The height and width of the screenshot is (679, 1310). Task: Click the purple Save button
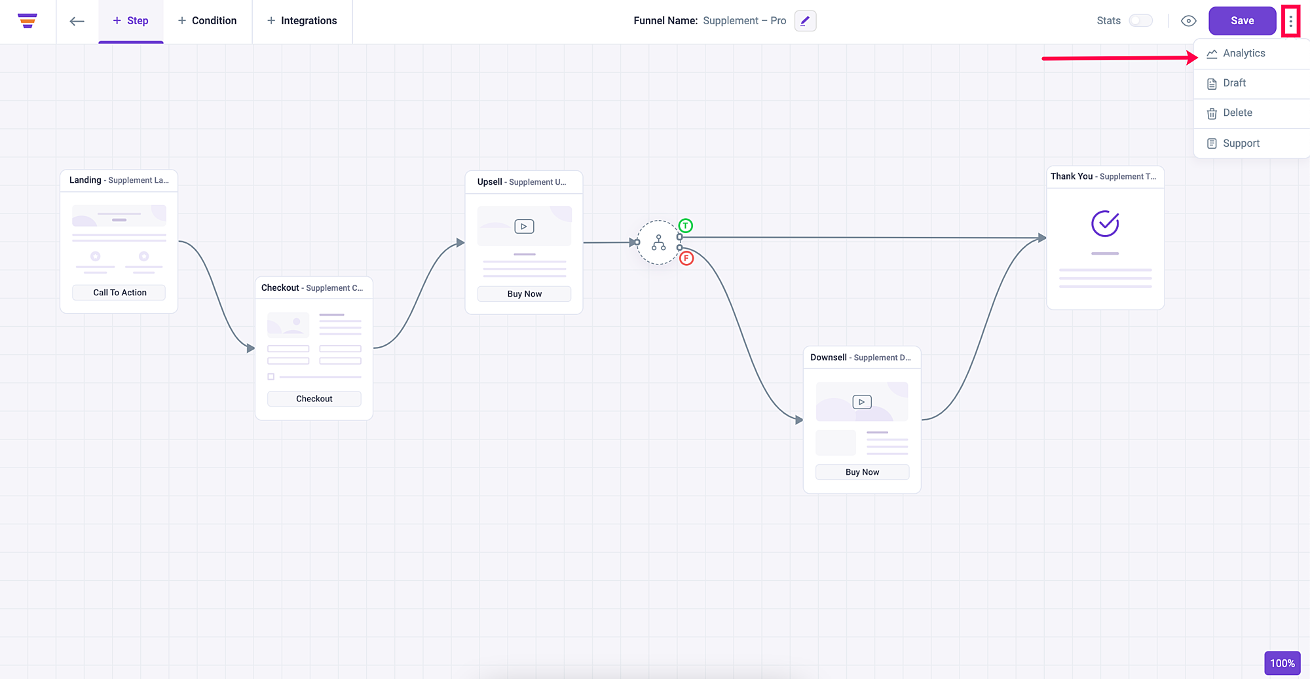tap(1242, 21)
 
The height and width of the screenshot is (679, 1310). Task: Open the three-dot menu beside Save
tap(1291, 21)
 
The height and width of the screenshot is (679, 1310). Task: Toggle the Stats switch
tap(1140, 21)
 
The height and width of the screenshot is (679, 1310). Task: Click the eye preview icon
tap(1188, 21)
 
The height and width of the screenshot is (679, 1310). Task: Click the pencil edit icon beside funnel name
tap(805, 21)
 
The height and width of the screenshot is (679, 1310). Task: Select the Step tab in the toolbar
tap(131, 21)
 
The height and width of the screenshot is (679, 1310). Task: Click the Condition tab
tap(208, 21)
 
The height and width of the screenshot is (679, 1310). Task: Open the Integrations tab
tap(302, 21)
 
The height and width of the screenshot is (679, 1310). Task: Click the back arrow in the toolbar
tap(77, 21)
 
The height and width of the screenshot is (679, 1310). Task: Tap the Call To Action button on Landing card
tap(119, 293)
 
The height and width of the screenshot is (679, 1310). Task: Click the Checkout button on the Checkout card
tap(314, 399)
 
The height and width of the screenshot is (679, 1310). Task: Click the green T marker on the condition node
tap(685, 226)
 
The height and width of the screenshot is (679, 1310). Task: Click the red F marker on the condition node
tap(686, 258)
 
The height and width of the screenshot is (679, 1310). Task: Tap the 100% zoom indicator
tap(1282, 663)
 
